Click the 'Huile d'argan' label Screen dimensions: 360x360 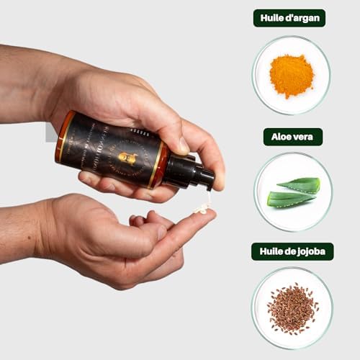point(289,18)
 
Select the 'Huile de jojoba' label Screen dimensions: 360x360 point(292,251)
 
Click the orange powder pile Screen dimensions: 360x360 point(291,76)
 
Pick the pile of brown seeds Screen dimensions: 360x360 point(292,308)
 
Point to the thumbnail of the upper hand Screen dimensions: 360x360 point(184,145)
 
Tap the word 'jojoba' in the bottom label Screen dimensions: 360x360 point(310,251)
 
